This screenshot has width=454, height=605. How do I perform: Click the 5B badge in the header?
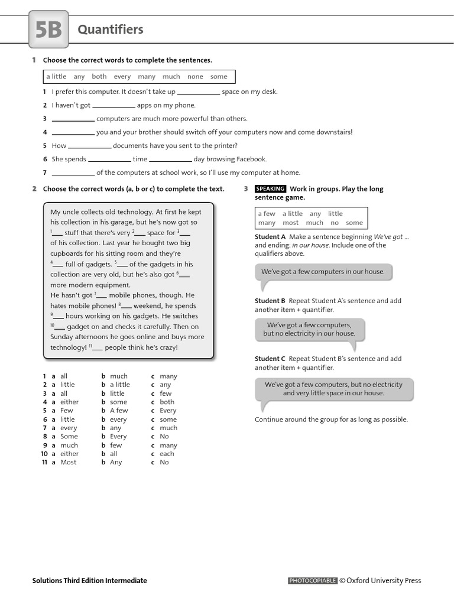tap(48, 30)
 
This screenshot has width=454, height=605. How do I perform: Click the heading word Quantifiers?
tap(111, 30)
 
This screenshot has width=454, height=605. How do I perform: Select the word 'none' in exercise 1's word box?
tap(194, 77)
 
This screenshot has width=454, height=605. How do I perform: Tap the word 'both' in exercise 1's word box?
tap(99, 77)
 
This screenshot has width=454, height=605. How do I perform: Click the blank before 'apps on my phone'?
tap(113, 106)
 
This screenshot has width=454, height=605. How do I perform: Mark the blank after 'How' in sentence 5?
tap(89, 146)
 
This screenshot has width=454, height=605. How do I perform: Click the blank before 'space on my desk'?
tap(198, 92)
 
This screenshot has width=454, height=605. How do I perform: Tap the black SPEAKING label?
tap(270, 189)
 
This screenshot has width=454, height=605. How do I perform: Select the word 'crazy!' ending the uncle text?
tap(168, 347)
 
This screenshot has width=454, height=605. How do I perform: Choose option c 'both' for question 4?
tap(167, 402)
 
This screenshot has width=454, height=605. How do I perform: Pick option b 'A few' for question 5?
tap(119, 411)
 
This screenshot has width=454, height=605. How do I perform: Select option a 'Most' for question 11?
tap(69, 462)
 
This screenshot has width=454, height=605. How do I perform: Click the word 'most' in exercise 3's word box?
tap(290, 223)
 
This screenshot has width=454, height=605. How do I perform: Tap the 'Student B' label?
tap(270, 301)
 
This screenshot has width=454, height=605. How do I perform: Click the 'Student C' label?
tap(270, 359)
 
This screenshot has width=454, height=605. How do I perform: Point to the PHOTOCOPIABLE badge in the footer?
tap(312, 581)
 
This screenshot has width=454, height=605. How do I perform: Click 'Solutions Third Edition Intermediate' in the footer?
tap(89, 581)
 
